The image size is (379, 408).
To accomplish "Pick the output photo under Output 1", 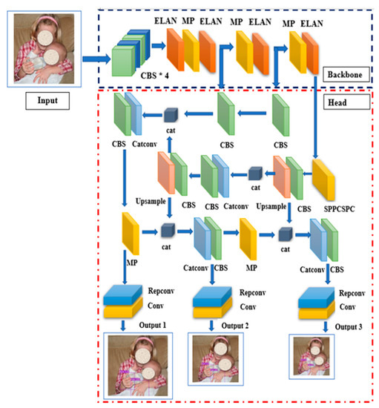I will (x=139, y=366).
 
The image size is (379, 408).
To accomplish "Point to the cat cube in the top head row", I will (x=171, y=113).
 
